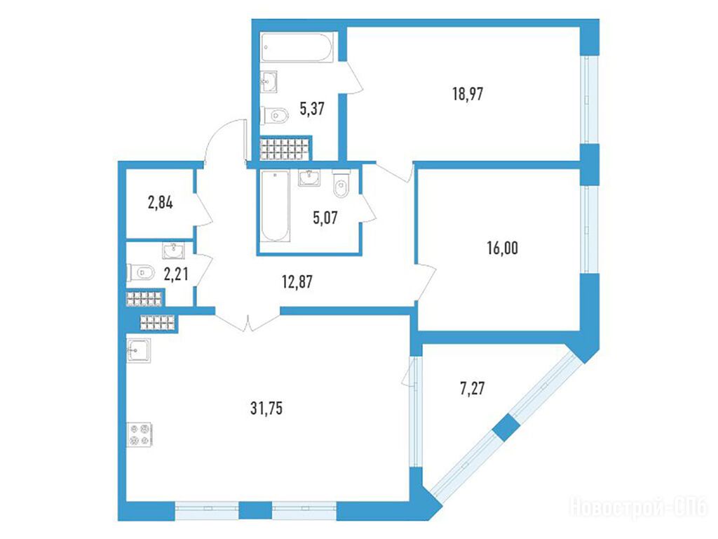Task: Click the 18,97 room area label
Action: tap(468, 95)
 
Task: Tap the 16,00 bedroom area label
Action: tap(502, 248)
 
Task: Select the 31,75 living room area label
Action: tap(266, 408)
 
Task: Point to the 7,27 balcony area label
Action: tap(472, 389)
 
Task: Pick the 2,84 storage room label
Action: tap(161, 202)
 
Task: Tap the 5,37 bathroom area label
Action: tap(312, 109)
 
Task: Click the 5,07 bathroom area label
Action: tap(325, 218)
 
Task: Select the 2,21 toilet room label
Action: tap(176, 274)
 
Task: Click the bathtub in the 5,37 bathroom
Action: tap(297, 47)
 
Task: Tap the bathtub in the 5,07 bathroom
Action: tap(275, 206)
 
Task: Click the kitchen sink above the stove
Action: tap(138, 351)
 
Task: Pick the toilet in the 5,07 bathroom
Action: tap(341, 184)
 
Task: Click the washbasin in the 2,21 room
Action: tap(174, 251)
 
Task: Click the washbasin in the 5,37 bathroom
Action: tap(269, 82)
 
